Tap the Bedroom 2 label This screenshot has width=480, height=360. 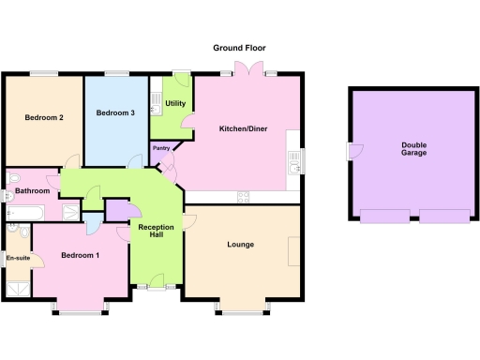tap(44, 117)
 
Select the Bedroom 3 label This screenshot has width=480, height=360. tap(116, 112)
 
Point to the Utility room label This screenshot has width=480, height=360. tap(175, 103)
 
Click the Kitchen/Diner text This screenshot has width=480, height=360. tap(244, 128)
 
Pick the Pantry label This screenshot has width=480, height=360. tap(161, 148)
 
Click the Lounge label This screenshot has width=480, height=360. tap(241, 245)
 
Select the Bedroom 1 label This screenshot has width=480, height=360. tap(81, 255)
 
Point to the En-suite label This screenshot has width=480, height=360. tap(17, 257)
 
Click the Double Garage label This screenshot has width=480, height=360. tap(413, 148)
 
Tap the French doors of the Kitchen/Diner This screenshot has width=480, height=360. tap(247, 70)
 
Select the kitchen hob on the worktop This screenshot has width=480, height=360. tap(244, 196)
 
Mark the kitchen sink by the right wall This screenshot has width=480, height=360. tap(295, 161)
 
